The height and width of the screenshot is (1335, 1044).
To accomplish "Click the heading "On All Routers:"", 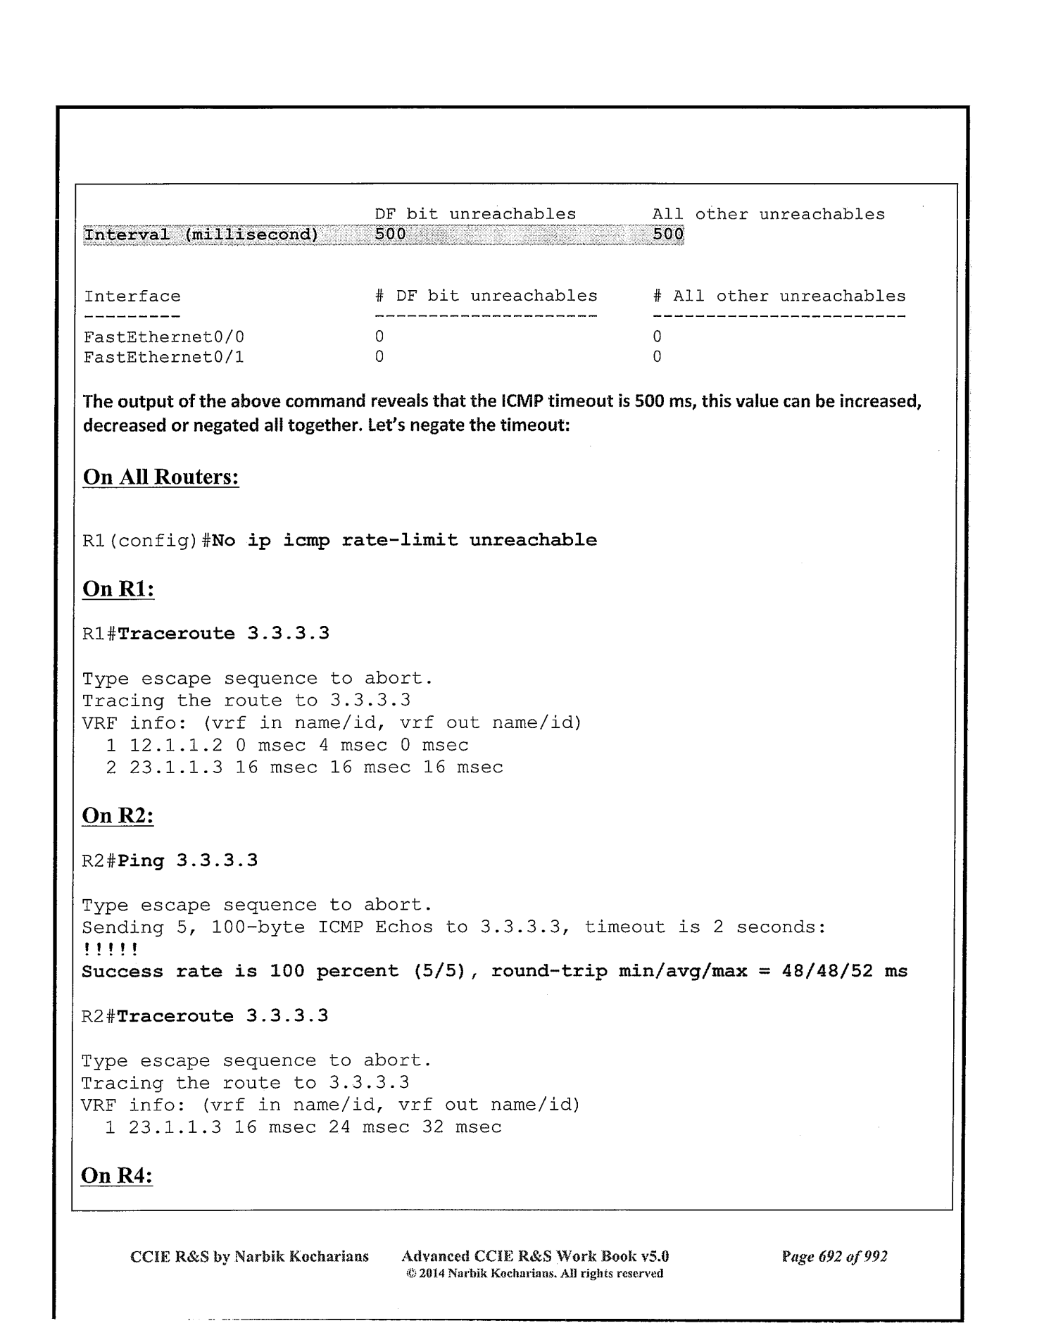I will pyautogui.click(x=161, y=477).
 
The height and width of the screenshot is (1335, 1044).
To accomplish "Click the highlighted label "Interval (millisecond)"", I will pyautogui.click(x=201, y=234).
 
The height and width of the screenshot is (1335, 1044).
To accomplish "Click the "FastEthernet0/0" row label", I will pyautogui.click(x=163, y=337).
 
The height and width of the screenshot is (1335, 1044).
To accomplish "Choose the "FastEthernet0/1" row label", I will pyautogui.click(x=163, y=357).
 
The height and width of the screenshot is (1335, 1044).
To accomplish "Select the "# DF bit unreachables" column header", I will pyautogui.click(x=486, y=296).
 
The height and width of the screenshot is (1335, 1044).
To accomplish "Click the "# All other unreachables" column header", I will pyautogui.click(x=779, y=296).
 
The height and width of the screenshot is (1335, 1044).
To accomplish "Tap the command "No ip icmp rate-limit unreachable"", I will pyautogui.click(x=404, y=540).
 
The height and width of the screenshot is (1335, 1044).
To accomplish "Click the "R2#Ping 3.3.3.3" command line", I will pyautogui.click(x=170, y=860).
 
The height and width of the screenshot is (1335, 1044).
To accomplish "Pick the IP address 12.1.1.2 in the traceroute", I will pyautogui.click(x=176, y=745).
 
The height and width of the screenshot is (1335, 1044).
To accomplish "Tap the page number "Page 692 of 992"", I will pyautogui.click(x=834, y=1256).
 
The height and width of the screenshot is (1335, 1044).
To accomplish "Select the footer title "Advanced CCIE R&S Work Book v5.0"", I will pyautogui.click(x=534, y=1256).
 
